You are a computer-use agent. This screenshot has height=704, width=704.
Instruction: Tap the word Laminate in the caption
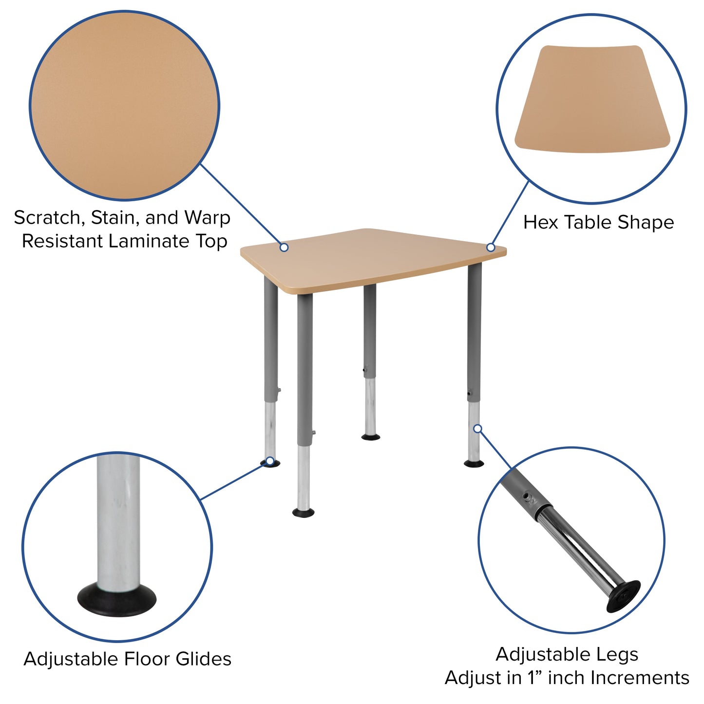coord(149,241)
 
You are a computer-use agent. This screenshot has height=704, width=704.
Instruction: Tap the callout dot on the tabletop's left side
coord(284,247)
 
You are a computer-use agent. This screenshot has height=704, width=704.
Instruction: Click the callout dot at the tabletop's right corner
coord(491,247)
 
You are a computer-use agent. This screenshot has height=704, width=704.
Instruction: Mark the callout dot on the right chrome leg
coord(478,428)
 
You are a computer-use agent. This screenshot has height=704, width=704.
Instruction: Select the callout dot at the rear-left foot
coord(269,460)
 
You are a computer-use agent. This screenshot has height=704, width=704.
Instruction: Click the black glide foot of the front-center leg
coord(303,513)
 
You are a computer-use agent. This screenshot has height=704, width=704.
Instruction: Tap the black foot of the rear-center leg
coord(371,437)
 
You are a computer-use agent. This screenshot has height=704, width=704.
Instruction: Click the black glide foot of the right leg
coord(474,463)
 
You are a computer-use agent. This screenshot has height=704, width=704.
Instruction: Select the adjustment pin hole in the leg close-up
coord(526,496)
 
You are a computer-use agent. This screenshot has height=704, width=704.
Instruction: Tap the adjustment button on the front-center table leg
coord(314,433)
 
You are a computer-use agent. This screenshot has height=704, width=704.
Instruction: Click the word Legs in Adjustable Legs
coord(619,654)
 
